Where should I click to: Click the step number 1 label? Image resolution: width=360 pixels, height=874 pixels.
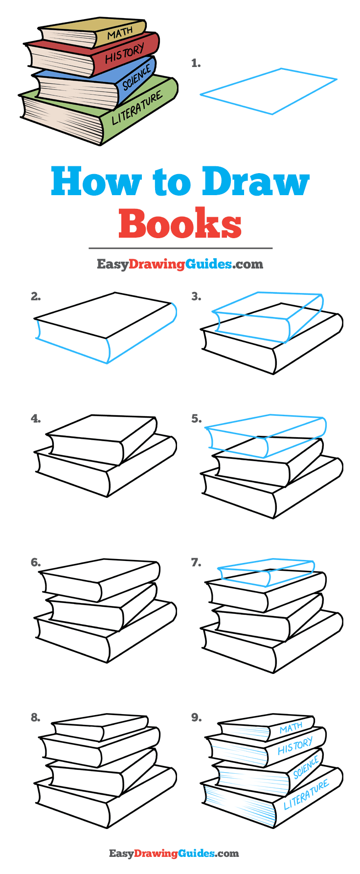click(x=196, y=63)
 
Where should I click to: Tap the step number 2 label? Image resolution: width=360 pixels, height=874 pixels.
click(x=35, y=296)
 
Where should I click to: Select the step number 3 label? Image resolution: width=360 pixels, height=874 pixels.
click(x=196, y=296)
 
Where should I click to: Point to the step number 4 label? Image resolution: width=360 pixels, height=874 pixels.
click(x=35, y=419)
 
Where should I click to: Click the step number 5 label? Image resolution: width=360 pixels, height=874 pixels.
click(x=196, y=419)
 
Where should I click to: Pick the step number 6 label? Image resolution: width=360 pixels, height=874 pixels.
click(x=35, y=562)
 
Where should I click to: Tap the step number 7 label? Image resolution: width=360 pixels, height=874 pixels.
click(x=196, y=562)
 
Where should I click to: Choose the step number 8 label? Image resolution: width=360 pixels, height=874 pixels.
click(x=35, y=717)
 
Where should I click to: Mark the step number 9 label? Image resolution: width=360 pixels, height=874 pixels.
click(x=196, y=717)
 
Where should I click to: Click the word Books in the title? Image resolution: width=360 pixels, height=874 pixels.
click(x=180, y=224)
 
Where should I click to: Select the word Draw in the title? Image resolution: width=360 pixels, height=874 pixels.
click(x=256, y=181)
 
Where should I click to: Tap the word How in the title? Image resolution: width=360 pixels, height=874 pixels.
click(x=95, y=181)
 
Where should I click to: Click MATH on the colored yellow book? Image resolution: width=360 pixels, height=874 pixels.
click(x=120, y=33)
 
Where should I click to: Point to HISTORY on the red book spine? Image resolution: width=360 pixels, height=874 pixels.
click(x=125, y=53)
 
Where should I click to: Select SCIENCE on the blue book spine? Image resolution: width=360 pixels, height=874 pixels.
click(x=136, y=77)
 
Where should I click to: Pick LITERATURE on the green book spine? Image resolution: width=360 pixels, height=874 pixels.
click(x=137, y=108)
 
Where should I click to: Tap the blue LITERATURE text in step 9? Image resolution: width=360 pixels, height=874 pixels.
click(x=307, y=795)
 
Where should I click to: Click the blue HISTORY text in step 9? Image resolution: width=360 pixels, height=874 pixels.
click(x=295, y=746)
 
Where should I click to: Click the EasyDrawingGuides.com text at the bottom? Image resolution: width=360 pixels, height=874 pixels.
click(x=174, y=853)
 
